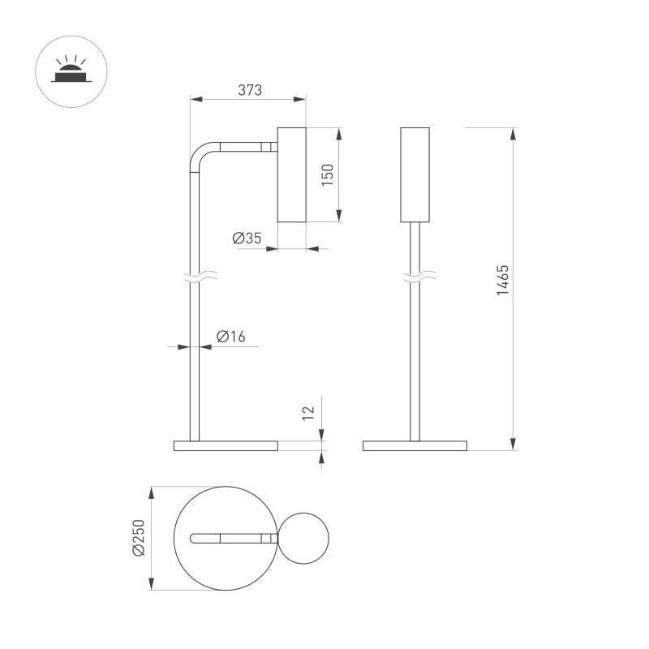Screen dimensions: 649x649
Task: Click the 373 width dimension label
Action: point(250,90)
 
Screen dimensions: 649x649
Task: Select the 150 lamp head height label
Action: point(328,175)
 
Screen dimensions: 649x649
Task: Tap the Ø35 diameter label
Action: point(247,238)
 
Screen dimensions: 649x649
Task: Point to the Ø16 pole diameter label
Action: point(231,337)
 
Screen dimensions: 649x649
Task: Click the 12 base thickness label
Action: point(308,413)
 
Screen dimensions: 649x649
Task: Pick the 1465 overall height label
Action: point(502,280)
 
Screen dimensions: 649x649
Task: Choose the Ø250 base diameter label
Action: point(139,538)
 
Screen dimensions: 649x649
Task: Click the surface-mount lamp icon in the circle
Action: point(71,71)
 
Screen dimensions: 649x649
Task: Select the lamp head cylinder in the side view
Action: point(292,174)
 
